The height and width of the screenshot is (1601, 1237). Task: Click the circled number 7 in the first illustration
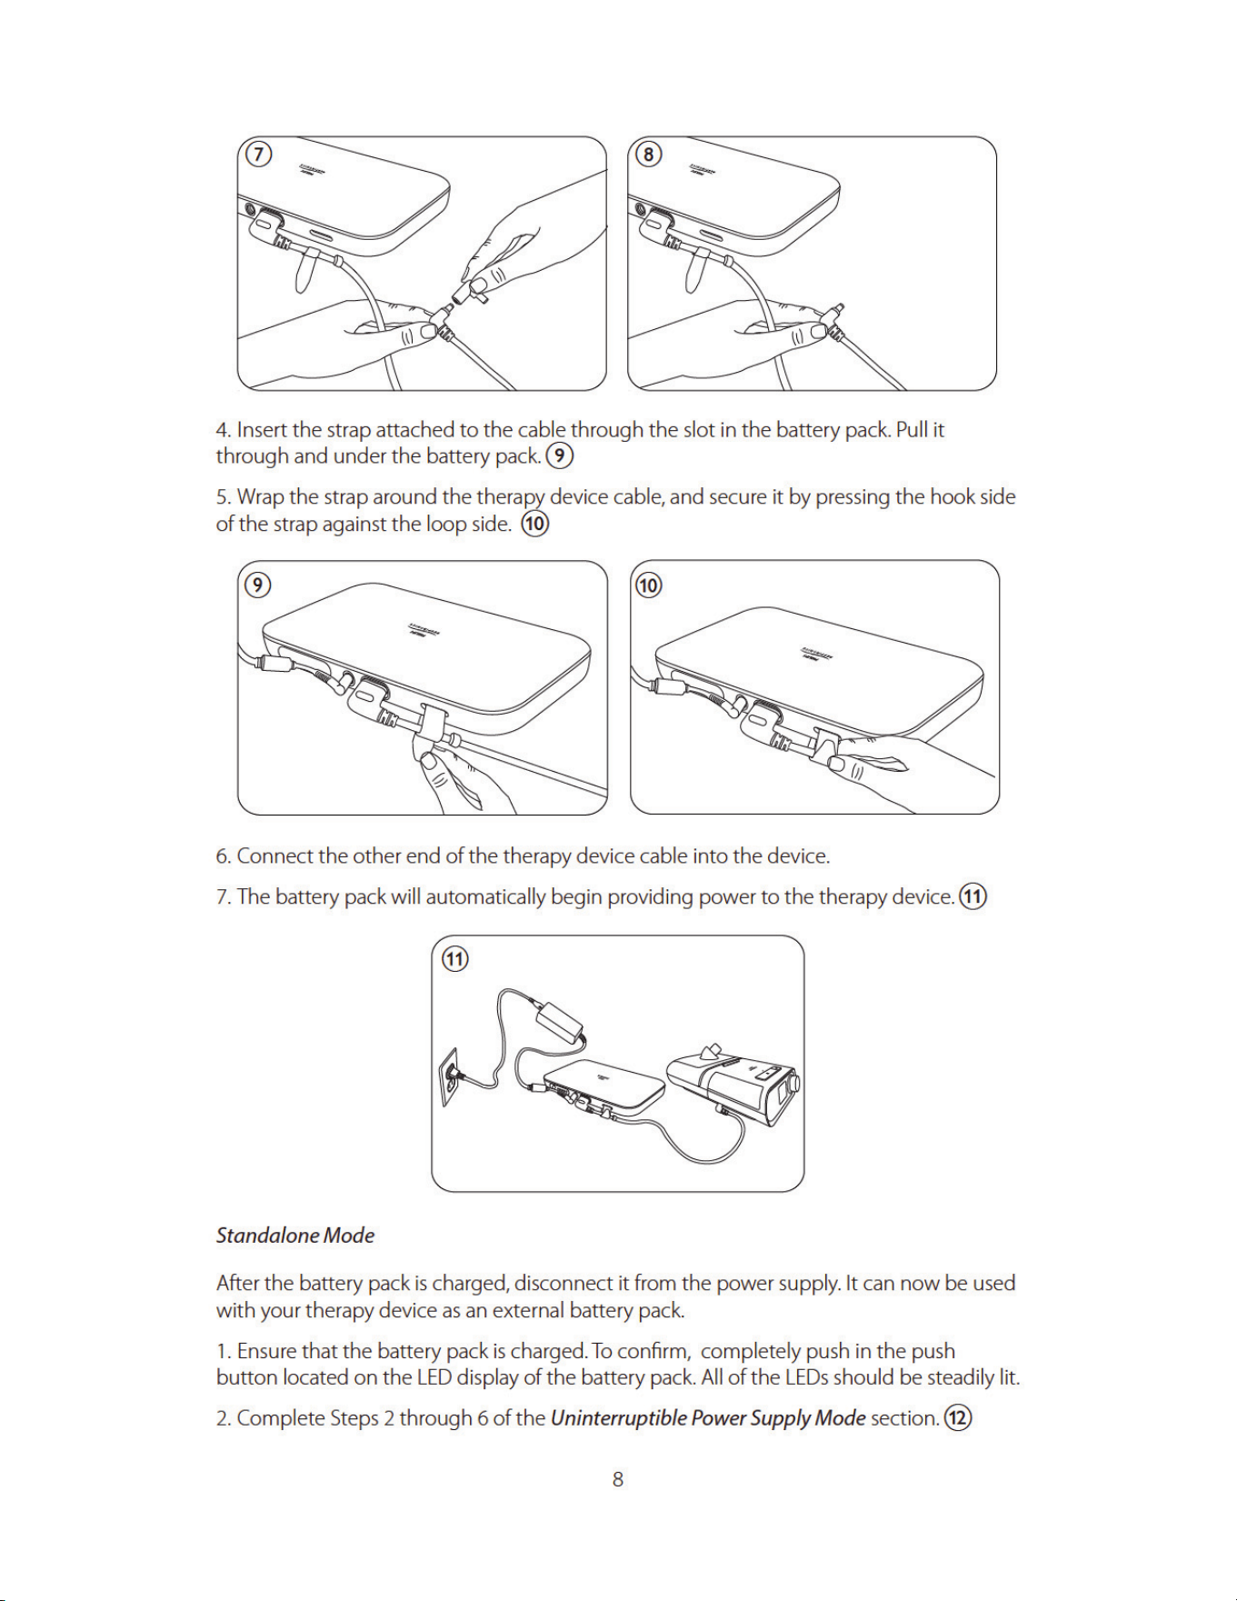pos(259,154)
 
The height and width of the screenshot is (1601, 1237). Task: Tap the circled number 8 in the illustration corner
pos(648,154)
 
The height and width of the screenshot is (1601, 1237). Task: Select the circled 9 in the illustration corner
pos(258,585)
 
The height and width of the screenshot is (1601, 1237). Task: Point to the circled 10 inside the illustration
pos(648,585)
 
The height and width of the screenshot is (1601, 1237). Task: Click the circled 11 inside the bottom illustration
pos(454,959)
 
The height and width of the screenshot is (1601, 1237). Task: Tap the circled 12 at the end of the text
pos(958,1417)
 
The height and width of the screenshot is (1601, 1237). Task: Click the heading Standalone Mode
pos(295,1236)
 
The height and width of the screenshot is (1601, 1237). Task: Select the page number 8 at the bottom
pos(618,1479)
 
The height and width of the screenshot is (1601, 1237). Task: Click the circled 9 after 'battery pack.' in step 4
pos(560,455)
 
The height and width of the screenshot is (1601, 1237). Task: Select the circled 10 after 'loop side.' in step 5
pos(535,524)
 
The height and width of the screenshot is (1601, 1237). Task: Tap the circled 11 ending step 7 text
pos(973,896)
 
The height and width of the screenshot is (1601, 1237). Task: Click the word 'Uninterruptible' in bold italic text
pos(618,1418)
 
